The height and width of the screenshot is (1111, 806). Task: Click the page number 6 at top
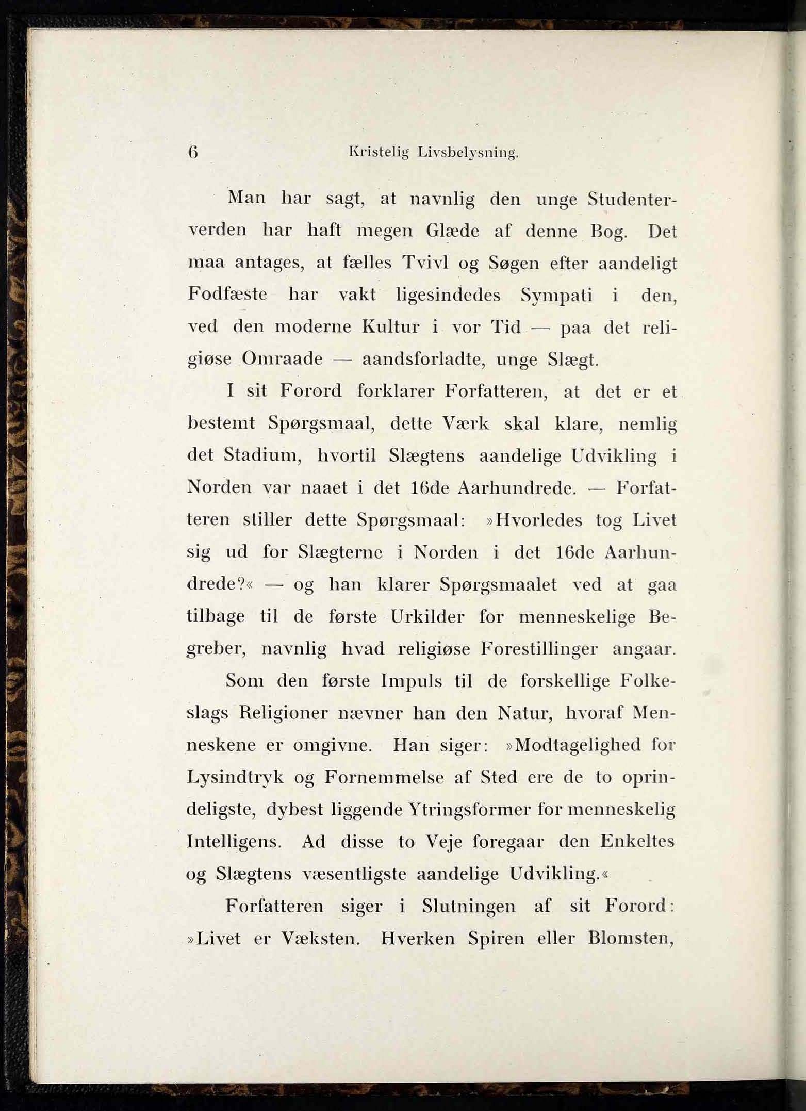click(x=193, y=153)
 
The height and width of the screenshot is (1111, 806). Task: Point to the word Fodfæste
click(x=227, y=295)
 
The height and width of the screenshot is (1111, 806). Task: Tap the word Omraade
click(x=282, y=359)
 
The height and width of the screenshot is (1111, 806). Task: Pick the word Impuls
click(x=411, y=681)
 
